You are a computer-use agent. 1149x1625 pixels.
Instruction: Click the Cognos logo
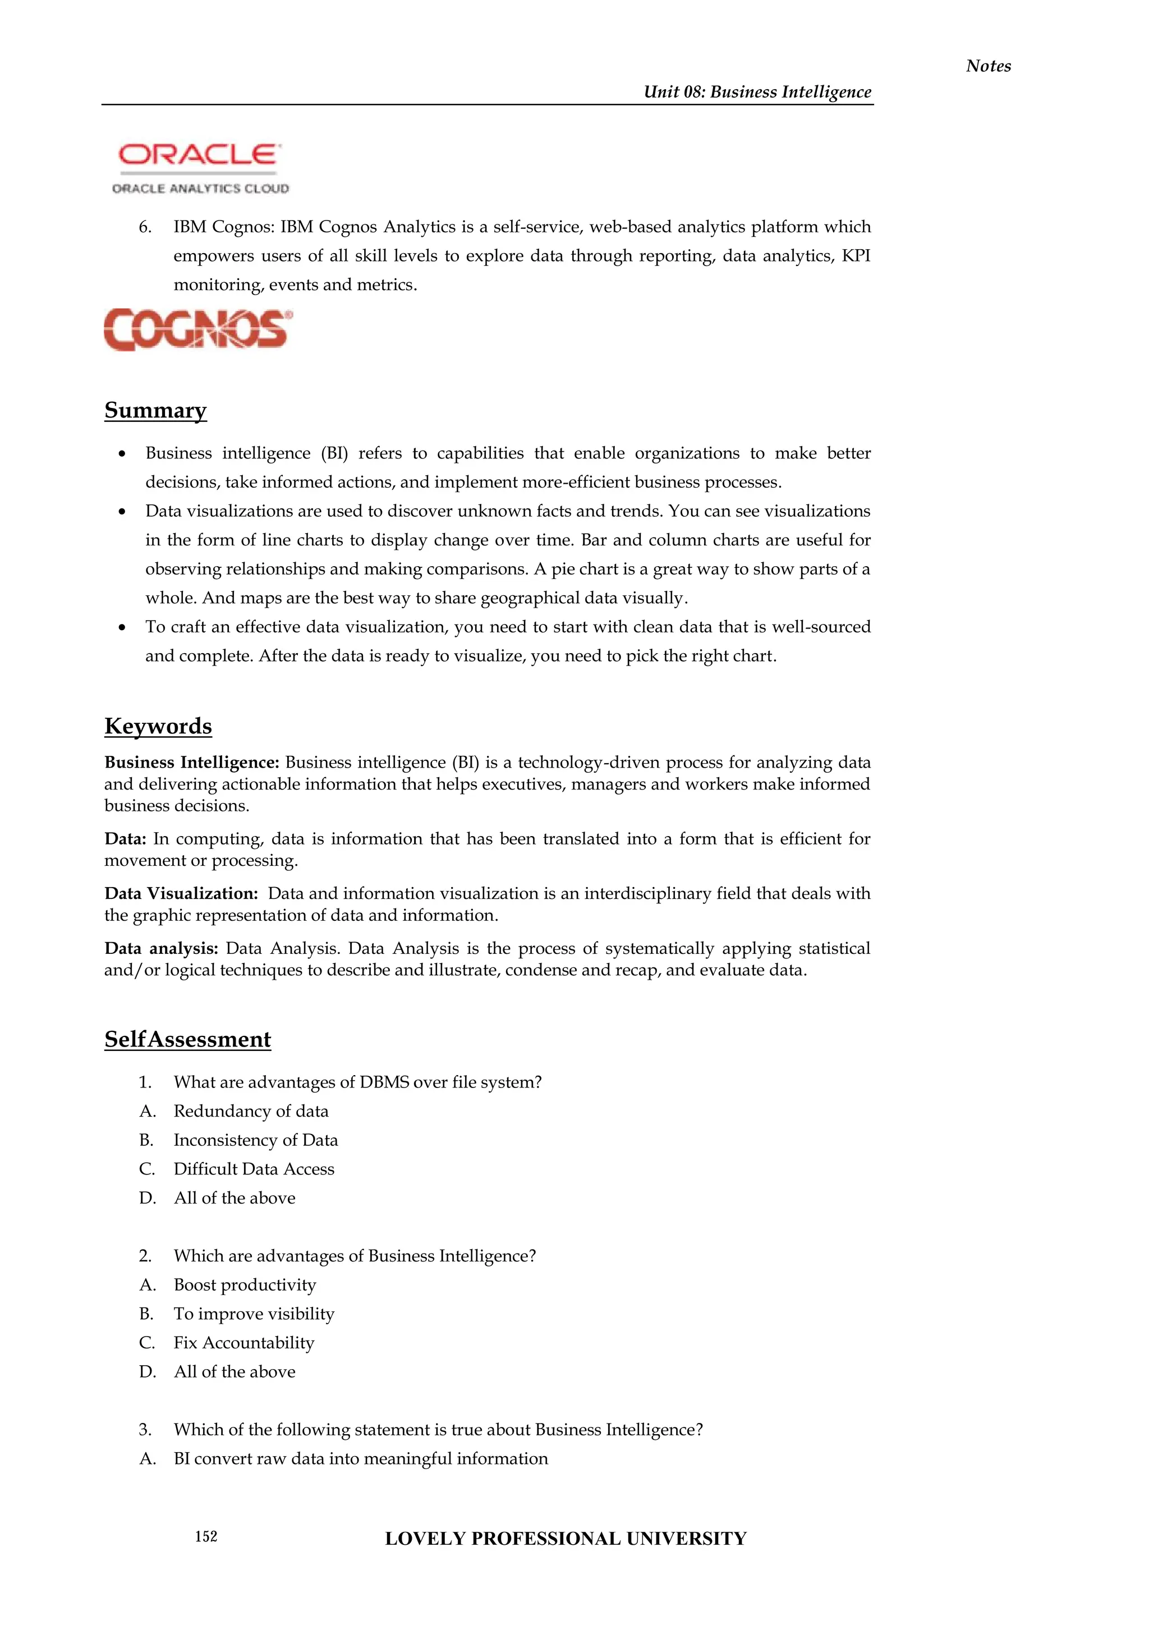[x=197, y=329]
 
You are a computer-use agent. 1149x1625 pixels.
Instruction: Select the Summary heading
[x=155, y=411]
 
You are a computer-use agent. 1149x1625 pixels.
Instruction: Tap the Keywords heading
[x=158, y=726]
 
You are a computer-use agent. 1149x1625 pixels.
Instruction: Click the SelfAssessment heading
[x=187, y=1039]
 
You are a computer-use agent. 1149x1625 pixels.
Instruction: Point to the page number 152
[x=206, y=1536]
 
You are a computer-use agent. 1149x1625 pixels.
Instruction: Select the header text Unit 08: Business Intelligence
[x=757, y=92]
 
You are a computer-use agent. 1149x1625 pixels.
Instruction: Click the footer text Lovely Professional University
[x=566, y=1539]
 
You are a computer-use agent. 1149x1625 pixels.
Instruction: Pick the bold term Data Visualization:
[x=181, y=893]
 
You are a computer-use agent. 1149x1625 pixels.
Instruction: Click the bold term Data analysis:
[x=162, y=948]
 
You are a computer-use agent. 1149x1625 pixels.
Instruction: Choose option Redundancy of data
[x=251, y=1111]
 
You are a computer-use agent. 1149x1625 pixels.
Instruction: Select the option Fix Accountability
[x=244, y=1343]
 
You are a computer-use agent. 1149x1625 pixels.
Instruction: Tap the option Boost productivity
[x=245, y=1284]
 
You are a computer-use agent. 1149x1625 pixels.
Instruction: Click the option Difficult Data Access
[x=254, y=1169]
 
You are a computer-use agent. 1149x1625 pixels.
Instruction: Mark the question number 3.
[x=145, y=1430]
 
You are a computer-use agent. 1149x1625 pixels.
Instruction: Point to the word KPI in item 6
[x=856, y=256]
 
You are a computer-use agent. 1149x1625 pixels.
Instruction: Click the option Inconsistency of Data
[x=255, y=1140]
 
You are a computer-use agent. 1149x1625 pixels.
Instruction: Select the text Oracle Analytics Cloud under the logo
[x=200, y=189]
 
